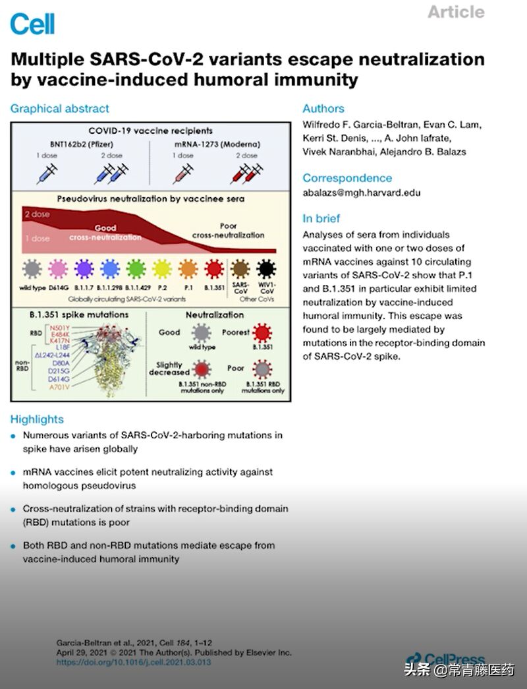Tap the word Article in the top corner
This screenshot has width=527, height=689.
tap(456, 12)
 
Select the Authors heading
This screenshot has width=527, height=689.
tap(323, 109)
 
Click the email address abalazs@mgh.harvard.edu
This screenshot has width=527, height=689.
tap(361, 193)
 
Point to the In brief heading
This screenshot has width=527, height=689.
tap(321, 218)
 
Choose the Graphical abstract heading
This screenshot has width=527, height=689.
tap(59, 109)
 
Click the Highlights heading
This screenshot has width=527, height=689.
tap(37, 419)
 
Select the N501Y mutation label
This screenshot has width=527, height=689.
tap(56, 328)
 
